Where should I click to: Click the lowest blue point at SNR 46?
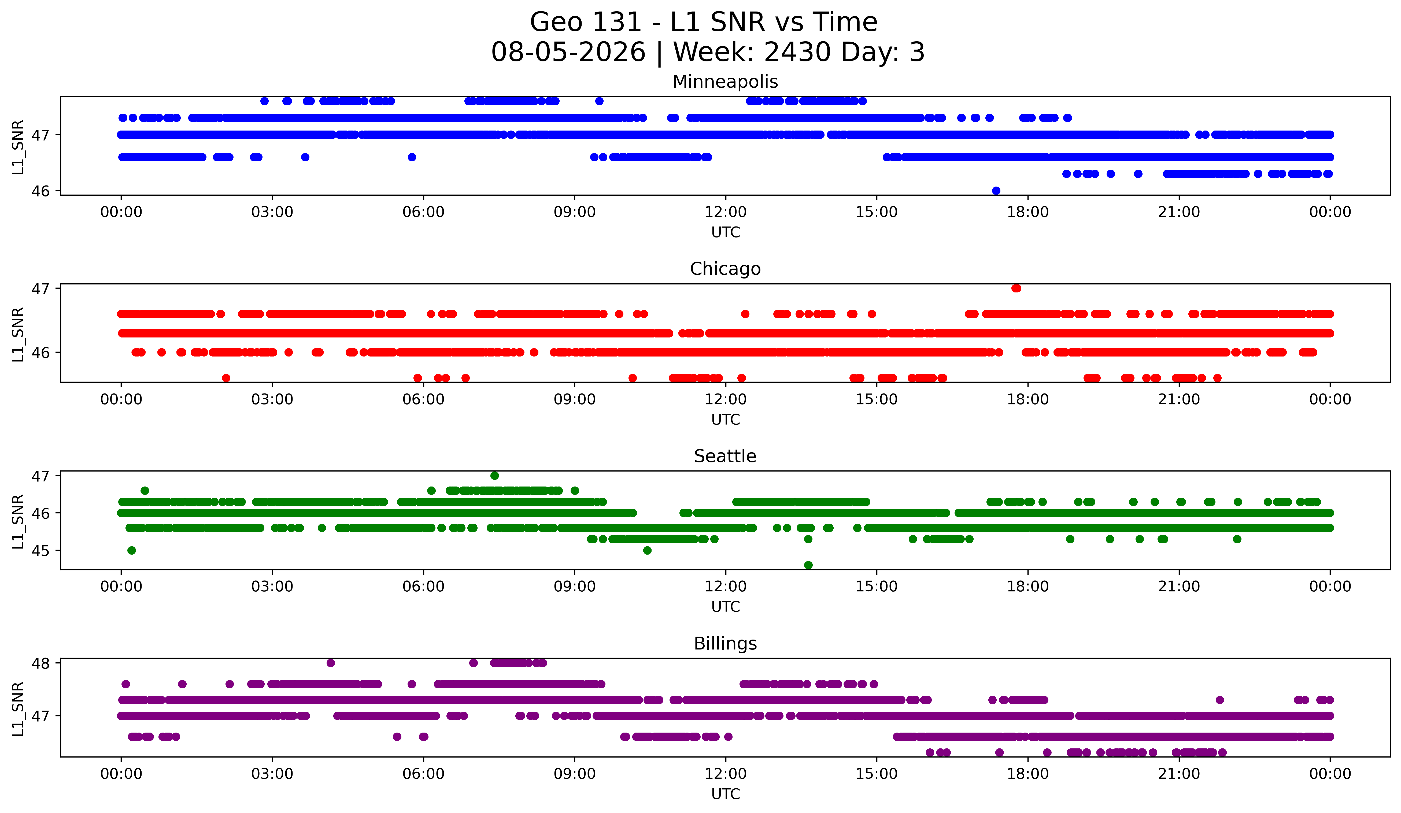point(996,191)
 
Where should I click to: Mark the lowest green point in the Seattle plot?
point(808,565)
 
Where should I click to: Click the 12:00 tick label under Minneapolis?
point(726,212)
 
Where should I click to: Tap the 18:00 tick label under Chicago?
point(1028,400)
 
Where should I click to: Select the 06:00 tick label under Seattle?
point(424,587)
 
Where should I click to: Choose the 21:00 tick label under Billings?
point(1179,774)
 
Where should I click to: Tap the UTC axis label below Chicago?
point(726,420)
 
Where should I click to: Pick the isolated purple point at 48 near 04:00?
point(331,663)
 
